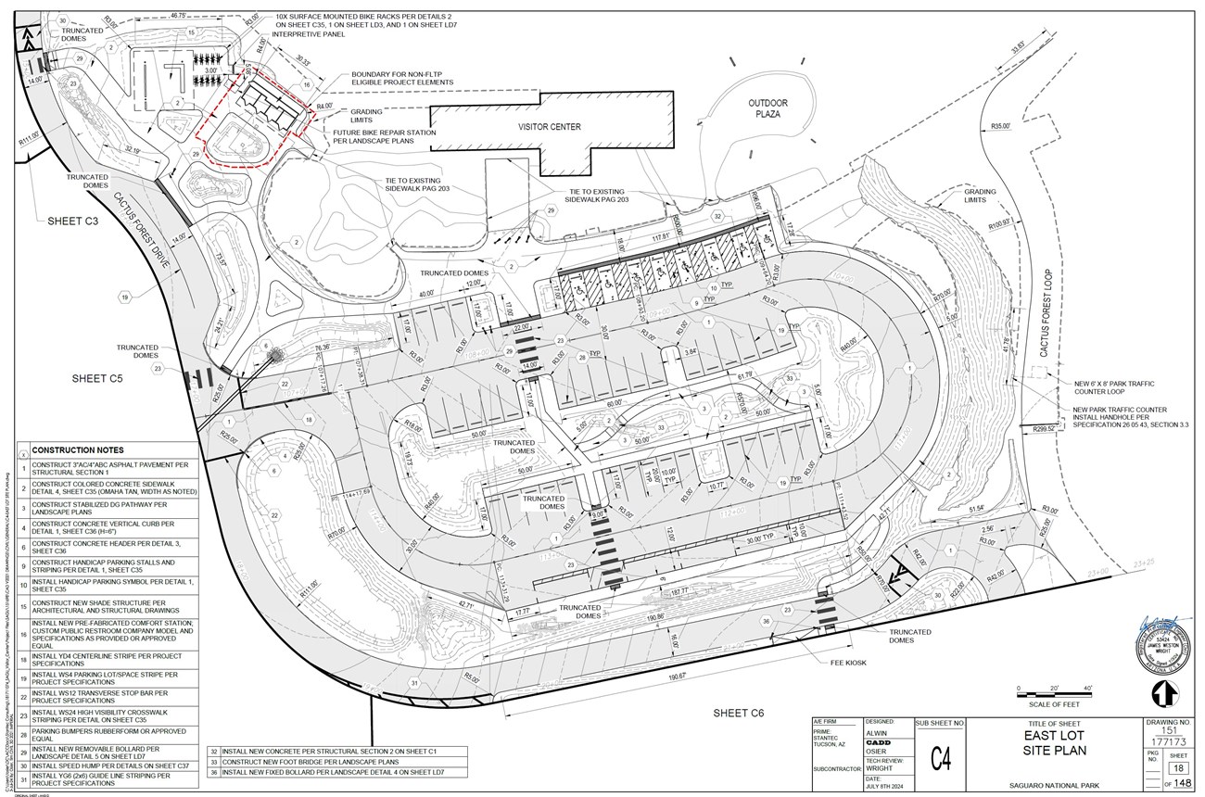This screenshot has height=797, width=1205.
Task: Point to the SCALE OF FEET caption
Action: (1055, 705)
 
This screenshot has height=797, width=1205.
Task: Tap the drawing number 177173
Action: (1168, 740)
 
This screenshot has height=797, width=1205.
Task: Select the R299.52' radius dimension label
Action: (1038, 429)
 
